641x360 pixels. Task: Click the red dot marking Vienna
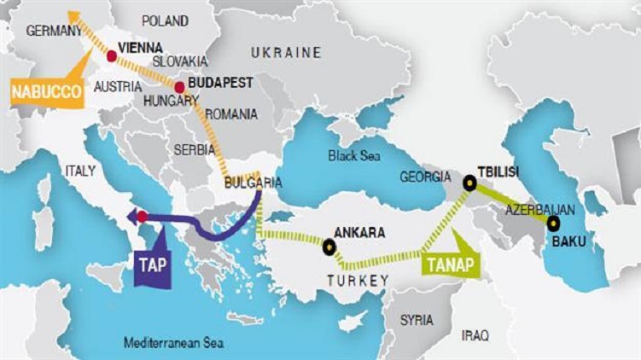(112, 55)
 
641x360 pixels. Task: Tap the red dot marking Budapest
(179, 87)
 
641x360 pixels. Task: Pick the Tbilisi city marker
(469, 182)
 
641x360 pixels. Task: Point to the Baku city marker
(553, 224)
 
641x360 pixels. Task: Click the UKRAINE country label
(286, 53)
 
